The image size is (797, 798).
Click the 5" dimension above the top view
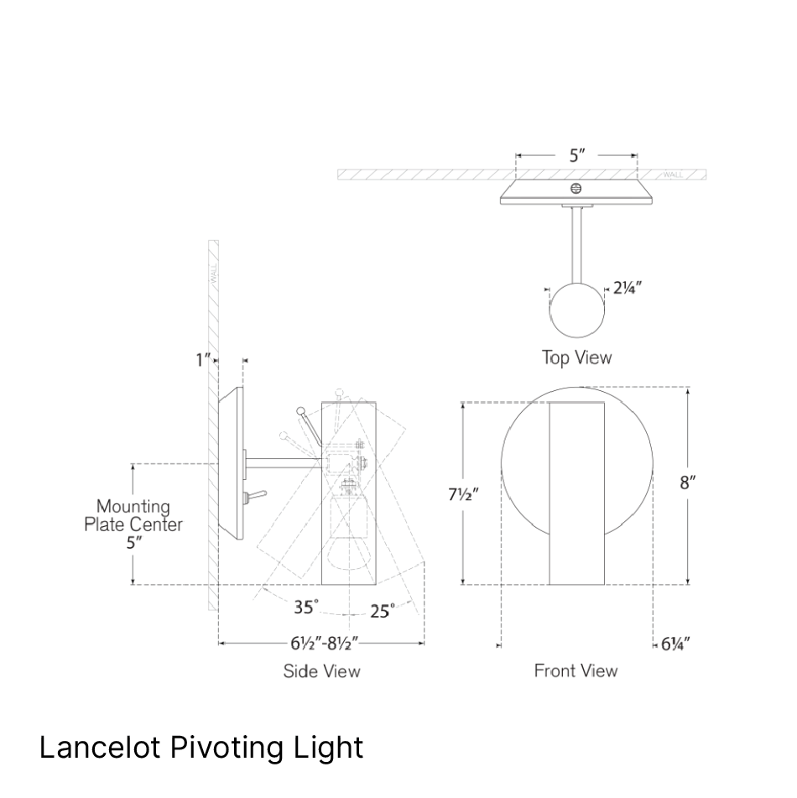(576, 155)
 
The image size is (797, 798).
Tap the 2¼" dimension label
(628, 287)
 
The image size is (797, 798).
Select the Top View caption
(576, 357)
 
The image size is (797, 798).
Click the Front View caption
(576, 670)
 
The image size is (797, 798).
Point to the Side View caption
(322, 671)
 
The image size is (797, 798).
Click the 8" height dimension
(689, 482)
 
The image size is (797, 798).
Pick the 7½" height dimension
(462, 494)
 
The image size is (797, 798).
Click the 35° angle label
(307, 607)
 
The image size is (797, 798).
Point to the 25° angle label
(382, 612)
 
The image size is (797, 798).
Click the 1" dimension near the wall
(203, 361)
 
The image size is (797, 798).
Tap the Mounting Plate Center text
(133, 515)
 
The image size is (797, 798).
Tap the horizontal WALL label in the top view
(674, 175)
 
